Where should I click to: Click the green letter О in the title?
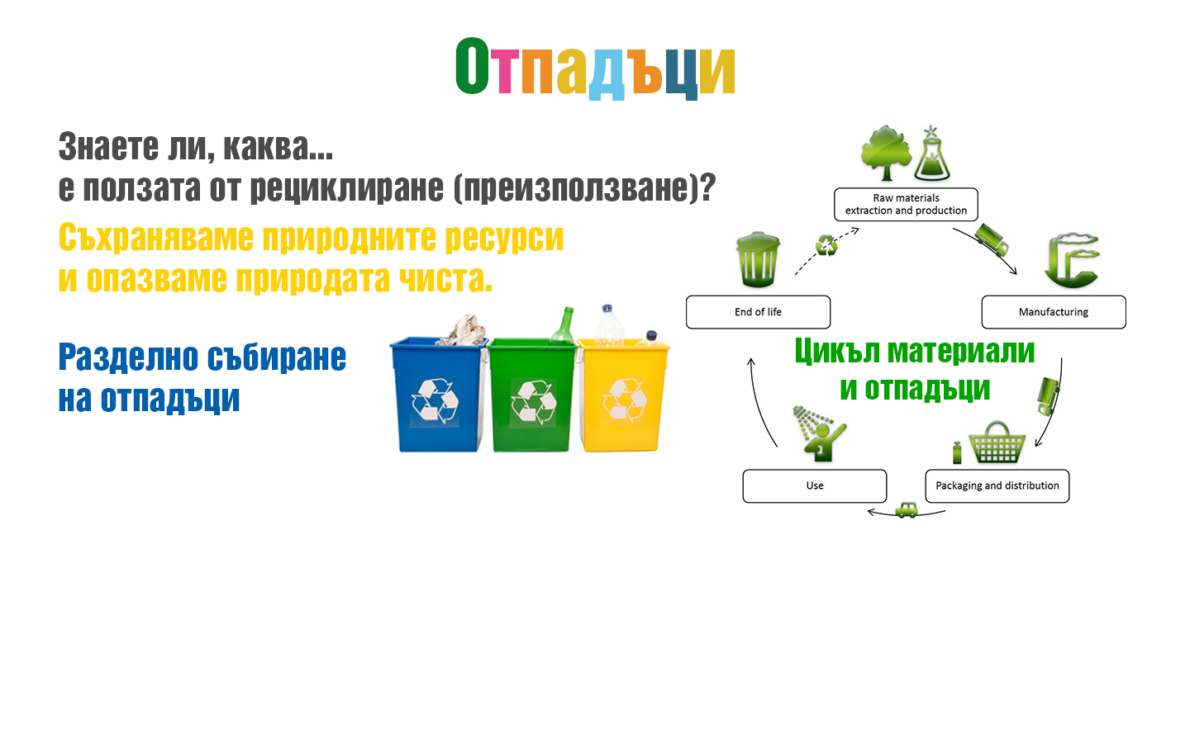(472, 66)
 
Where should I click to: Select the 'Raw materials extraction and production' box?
(906, 205)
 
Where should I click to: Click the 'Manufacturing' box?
(1054, 312)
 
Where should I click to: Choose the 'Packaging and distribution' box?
(997, 485)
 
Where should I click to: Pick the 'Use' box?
(815, 485)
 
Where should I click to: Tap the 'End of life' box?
(758, 312)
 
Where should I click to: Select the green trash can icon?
(758, 259)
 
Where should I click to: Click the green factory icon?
(1073, 261)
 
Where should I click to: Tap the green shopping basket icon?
(997, 442)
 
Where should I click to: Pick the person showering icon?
(819, 433)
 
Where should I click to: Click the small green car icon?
(907, 510)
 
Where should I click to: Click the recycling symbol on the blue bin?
(435, 400)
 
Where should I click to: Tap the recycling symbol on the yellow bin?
(625, 399)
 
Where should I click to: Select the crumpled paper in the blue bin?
(464, 329)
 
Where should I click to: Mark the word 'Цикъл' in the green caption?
(836, 353)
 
